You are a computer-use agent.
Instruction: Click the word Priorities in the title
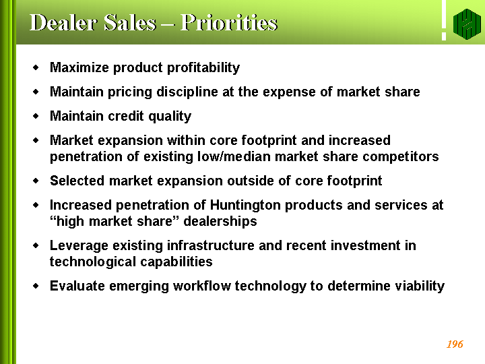click(x=229, y=23)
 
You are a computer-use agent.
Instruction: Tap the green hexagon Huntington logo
click(x=467, y=24)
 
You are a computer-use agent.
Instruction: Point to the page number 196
click(x=455, y=344)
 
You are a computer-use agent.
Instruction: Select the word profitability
click(x=203, y=67)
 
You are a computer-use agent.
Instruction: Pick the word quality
click(x=170, y=117)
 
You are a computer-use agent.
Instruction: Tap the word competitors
click(x=401, y=156)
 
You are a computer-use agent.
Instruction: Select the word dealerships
click(x=220, y=222)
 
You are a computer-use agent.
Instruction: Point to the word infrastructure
click(x=211, y=245)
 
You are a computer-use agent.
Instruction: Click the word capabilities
click(x=176, y=262)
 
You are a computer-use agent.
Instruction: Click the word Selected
click(x=77, y=181)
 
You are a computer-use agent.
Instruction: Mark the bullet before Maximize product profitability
click(x=36, y=67)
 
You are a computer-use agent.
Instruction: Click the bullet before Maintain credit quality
click(x=36, y=116)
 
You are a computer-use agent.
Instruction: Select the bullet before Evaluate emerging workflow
click(x=36, y=285)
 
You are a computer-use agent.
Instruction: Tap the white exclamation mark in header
click(x=444, y=20)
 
